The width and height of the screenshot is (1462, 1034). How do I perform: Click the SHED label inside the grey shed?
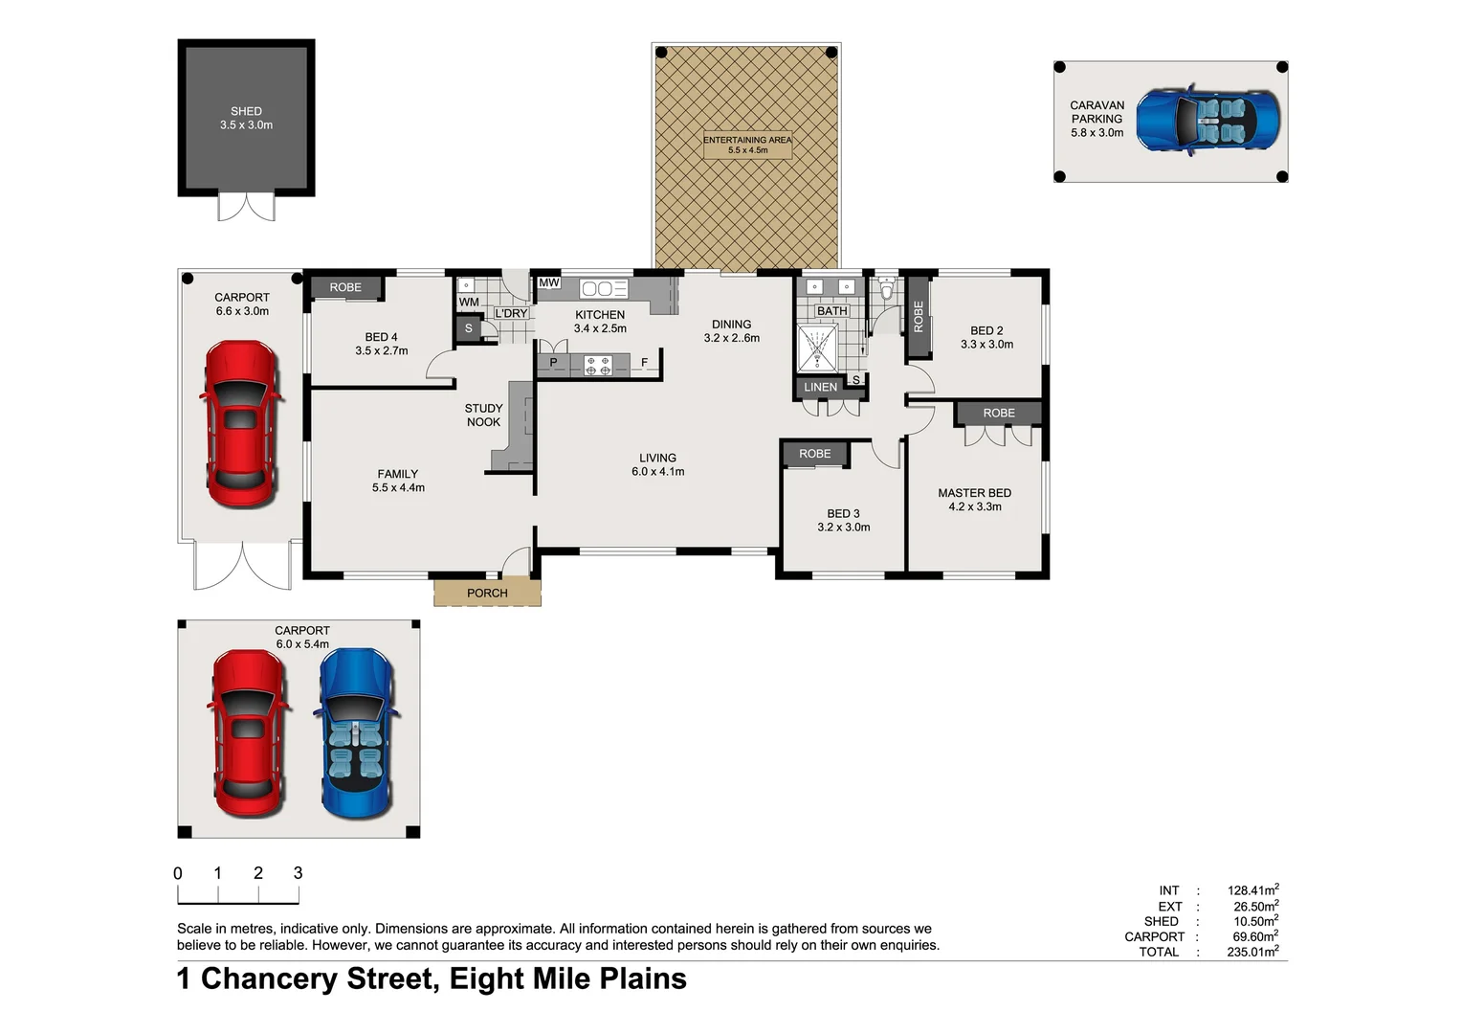click(246, 111)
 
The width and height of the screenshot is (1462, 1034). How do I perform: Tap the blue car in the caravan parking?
click(1207, 120)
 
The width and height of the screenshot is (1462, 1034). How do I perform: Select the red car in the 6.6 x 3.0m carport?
click(240, 423)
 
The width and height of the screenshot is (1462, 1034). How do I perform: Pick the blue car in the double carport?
click(356, 733)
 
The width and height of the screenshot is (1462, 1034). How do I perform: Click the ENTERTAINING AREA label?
click(747, 140)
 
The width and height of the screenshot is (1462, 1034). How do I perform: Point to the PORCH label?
click(487, 593)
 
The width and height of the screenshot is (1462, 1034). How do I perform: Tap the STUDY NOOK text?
click(483, 415)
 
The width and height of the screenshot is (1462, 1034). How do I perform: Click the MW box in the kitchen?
click(548, 282)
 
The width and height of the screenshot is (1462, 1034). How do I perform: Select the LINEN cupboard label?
click(820, 387)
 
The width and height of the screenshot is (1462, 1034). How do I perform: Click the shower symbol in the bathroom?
click(817, 348)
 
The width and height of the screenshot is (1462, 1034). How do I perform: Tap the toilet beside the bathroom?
click(886, 289)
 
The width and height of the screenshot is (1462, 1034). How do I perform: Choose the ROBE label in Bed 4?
click(345, 287)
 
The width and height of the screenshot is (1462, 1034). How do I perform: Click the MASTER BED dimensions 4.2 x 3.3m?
click(975, 506)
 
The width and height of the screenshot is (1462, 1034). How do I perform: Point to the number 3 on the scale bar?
click(298, 872)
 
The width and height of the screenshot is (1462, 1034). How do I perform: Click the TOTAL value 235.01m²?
click(1252, 952)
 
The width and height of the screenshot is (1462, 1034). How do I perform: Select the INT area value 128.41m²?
click(1252, 890)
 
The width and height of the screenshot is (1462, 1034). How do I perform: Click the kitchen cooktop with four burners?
click(598, 364)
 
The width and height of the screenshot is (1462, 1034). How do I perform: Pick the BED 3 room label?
click(843, 513)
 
